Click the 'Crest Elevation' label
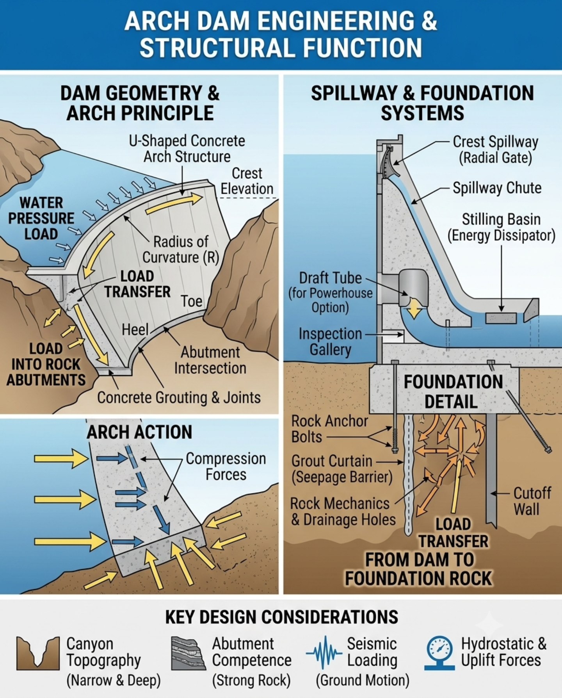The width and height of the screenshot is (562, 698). click(x=247, y=181)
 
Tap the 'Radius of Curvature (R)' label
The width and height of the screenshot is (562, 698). click(x=181, y=249)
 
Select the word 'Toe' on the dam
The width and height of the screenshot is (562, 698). click(x=192, y=301)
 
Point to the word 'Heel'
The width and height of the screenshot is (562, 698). click(x=135, y=330)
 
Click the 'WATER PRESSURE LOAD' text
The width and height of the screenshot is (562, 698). click(x=41, y=219)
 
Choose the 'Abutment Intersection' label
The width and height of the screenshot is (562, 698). click(x=210, y=360)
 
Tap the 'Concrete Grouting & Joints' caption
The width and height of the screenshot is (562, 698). click(x=179, y=398)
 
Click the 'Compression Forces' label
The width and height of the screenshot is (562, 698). click(x=226, y=467)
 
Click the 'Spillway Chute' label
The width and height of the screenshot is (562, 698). click(x=497, y=188)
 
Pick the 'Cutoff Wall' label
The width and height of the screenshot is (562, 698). click(x=532, y=501)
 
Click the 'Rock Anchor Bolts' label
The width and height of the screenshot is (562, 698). click(x=329, y=429)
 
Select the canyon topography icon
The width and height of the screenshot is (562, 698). click(x=38, y=653)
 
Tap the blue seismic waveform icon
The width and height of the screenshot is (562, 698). click(x=324, y=653)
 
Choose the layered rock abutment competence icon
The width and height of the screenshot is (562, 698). click(x=188, y=653)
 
